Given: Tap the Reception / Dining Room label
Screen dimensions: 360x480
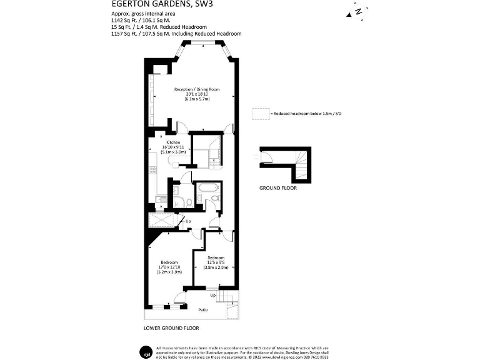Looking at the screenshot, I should pos(197,89).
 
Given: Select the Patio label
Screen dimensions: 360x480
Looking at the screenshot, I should pos(202,310).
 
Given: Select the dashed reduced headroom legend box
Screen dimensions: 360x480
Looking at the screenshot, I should pos(259,114).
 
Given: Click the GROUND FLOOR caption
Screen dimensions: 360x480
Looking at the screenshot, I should pos(277,188).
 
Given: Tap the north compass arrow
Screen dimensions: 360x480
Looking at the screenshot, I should pos(357,11).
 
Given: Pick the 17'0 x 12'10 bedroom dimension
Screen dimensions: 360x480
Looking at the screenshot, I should pos(169,267).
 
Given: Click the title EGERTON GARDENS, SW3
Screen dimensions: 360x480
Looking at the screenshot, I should pos(156,4).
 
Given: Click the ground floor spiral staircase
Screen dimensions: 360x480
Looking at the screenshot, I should pos(302,159).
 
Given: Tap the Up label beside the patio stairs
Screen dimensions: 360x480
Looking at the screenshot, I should pos(213,295).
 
